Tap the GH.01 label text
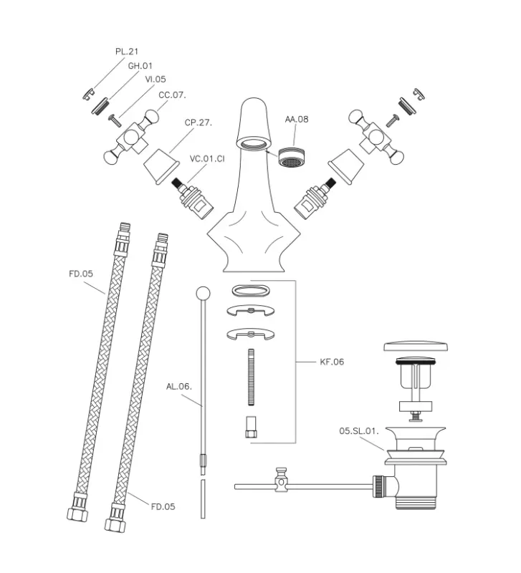(x=140, y=65)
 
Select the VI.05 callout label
(x=156, y=80)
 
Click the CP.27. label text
(x=199, y=122)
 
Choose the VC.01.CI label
(x=208, y=158)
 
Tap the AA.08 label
(x=296, y=120)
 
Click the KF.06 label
(x=332, y=362)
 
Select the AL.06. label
(x=178, y=386)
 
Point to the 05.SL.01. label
(x=358, y=431)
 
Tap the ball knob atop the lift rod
(x=203, y=293)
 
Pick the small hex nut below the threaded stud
(x=252, y=427)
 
